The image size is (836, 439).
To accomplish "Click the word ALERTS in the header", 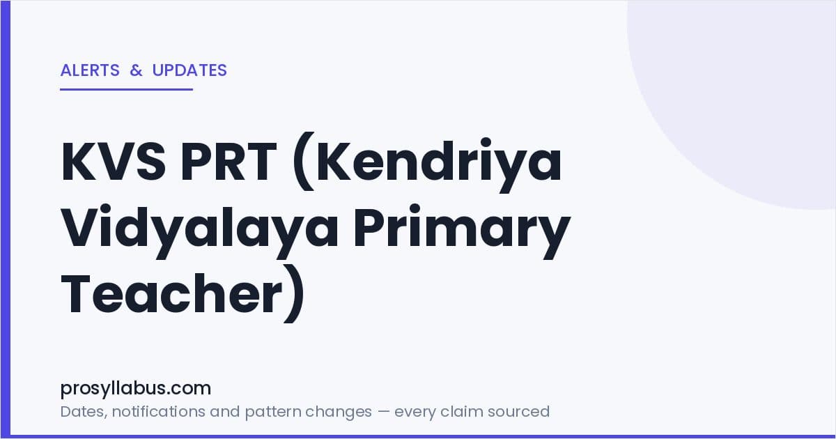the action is coord(90,70).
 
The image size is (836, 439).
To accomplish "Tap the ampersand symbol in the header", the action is coord(137,70).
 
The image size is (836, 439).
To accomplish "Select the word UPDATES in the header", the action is coord(189,70).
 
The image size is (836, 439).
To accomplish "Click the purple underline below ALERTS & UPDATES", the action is coord(127,89).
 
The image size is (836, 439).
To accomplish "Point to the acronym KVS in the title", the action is coord(114,162).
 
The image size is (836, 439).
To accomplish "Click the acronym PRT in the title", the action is coord(229,162).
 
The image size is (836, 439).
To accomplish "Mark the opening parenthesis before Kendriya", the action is coord(304,162).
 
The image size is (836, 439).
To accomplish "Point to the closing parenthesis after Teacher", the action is coord(295,294).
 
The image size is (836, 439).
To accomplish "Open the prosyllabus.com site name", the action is coord(136,388).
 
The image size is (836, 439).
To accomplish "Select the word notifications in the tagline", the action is coord(159,411).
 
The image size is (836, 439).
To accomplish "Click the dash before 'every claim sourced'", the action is coord(383,412).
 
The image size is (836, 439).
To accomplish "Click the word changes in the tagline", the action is coord(339,413).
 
